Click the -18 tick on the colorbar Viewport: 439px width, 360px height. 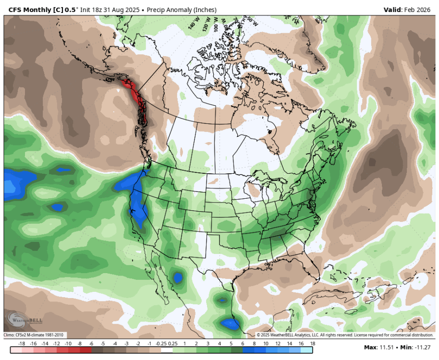pos(21,344)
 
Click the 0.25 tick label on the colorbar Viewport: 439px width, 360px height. pos(173,344)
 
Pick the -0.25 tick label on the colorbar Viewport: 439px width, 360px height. pos(160,344)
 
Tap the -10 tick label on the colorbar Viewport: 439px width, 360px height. pos(68,344)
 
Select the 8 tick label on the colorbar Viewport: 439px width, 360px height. pos(254,344)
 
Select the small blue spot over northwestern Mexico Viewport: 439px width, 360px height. pos(178,277)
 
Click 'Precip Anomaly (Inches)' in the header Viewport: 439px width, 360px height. pos(181,10)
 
